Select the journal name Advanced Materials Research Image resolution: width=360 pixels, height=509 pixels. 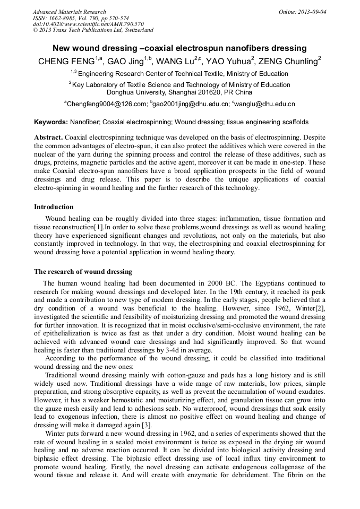tap(69, 12)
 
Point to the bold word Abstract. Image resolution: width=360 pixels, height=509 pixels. tap(48, 137)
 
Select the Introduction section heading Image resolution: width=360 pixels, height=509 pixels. tap(54, 206)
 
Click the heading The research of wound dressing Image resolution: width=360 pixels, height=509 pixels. tap(83, 271)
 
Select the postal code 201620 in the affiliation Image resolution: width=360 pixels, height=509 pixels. tap(202, 92)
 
